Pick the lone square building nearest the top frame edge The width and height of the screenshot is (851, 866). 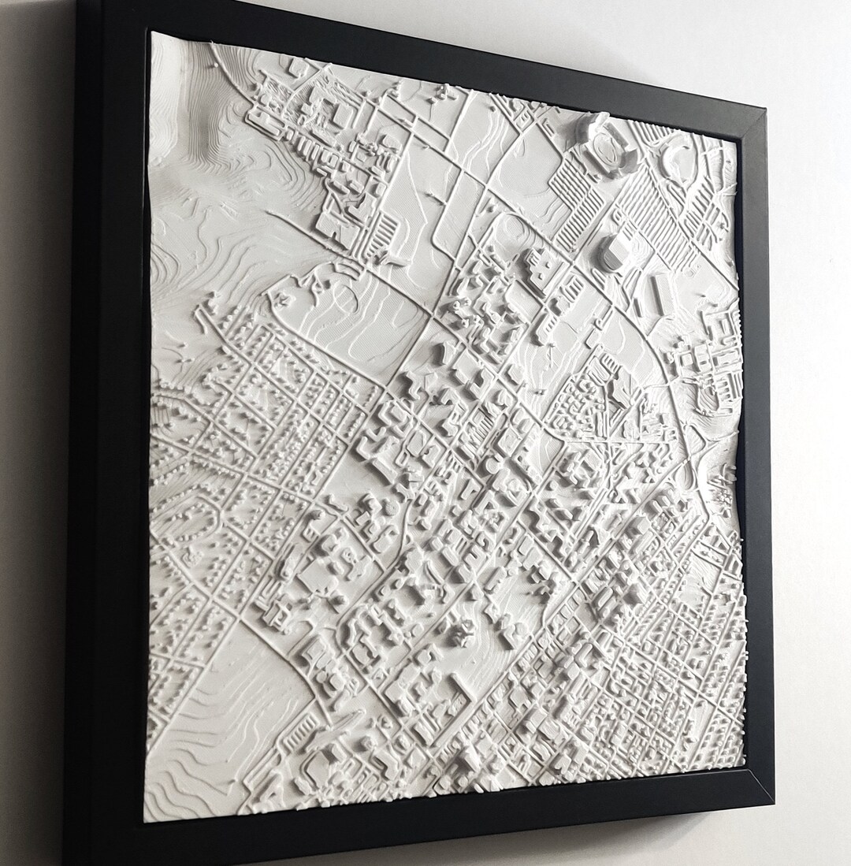pyautogui.click(x=297, y=69)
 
